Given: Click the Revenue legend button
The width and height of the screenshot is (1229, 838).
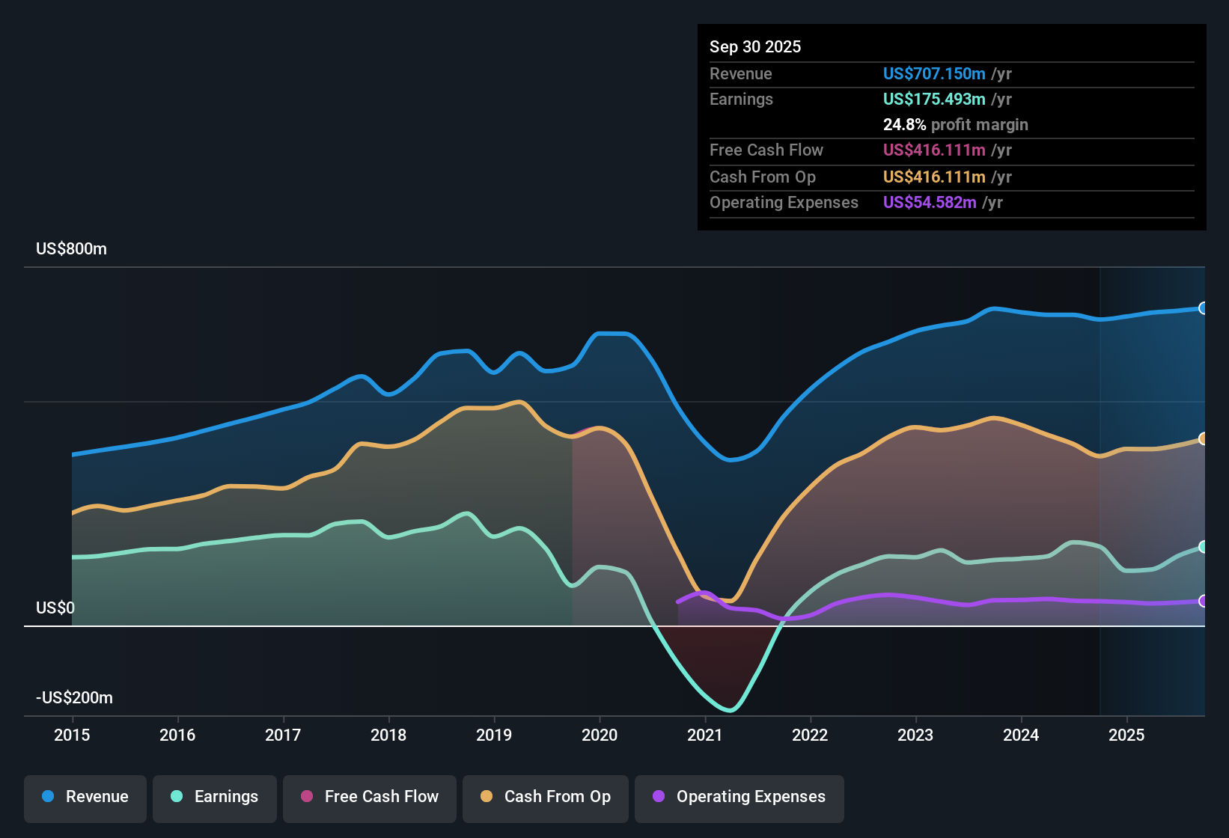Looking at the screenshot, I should click(x=85, y=797).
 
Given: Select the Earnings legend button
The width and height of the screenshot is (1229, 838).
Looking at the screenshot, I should click(x=215, y=797).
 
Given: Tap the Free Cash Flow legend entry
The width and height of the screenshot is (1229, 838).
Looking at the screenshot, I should click(x=370, y=797).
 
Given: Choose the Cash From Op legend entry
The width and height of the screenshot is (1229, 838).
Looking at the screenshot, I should click(x=546, y=797).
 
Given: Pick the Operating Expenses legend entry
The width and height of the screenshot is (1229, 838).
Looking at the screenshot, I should click(x=739, y=797).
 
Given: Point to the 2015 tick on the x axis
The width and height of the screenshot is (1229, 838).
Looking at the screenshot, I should click(x=72, y=735).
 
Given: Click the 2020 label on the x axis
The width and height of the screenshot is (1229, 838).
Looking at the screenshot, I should click(x=600, y=735).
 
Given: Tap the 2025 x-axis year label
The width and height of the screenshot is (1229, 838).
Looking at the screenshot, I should click(x=1126, y=735).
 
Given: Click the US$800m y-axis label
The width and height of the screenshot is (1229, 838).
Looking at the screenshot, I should click(x=71, y=249).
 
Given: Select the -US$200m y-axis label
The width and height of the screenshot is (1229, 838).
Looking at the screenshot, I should click(x=74, y=698).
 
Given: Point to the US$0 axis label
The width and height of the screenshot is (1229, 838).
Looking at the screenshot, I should click(x=55, y=608).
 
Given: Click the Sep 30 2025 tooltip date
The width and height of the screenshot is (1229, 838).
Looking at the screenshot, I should click(x=755, y=46).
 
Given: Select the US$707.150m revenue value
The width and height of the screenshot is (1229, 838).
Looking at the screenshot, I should click(x=933, y=73).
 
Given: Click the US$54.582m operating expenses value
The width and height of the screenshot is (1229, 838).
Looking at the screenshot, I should click(x=929, y=202).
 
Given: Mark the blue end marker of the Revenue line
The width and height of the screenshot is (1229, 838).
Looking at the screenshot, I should click(x=1203, y=308).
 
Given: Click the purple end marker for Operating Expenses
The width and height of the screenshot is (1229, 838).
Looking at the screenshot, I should click(x=1203, y=601).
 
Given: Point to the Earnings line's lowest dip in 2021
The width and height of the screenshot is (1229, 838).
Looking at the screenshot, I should click(x=730, y=710).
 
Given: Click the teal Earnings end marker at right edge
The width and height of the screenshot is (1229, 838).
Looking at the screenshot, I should click(x=1203, y=547).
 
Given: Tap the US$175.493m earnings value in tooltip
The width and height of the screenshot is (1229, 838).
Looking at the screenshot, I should click(x=933, y=99).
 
